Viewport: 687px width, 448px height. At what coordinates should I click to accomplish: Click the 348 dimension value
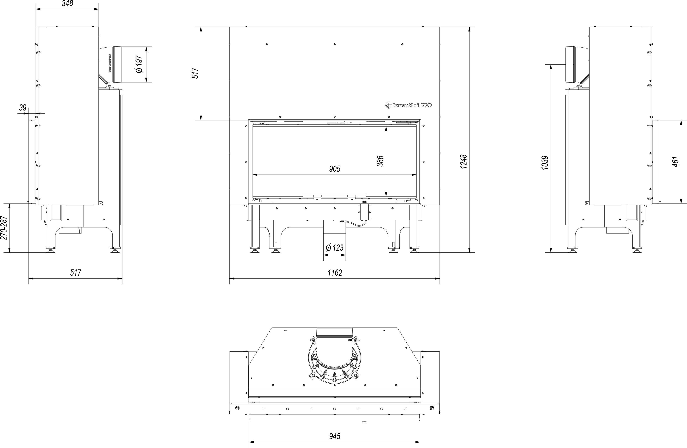click(67, 3)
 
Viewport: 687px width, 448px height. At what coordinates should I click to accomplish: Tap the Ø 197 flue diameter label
click(139, 64)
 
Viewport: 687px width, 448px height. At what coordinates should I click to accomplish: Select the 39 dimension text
click(23, 108)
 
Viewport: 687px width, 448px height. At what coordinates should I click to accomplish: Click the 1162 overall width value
click(335, 273)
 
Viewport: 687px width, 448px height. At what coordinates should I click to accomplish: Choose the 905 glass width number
click(335, 169)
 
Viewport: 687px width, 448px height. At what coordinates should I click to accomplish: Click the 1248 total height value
click(464, 162)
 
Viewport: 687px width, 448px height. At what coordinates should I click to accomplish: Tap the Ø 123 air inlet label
click(335, 248)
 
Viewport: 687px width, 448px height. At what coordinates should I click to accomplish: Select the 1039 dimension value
click(545, 162)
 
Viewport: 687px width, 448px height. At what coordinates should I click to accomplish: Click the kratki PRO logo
click(409, 105)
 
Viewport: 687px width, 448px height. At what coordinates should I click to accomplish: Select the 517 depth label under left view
click(76, 273)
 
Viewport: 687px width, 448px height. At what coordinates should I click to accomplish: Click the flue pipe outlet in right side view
click(573, 68)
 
